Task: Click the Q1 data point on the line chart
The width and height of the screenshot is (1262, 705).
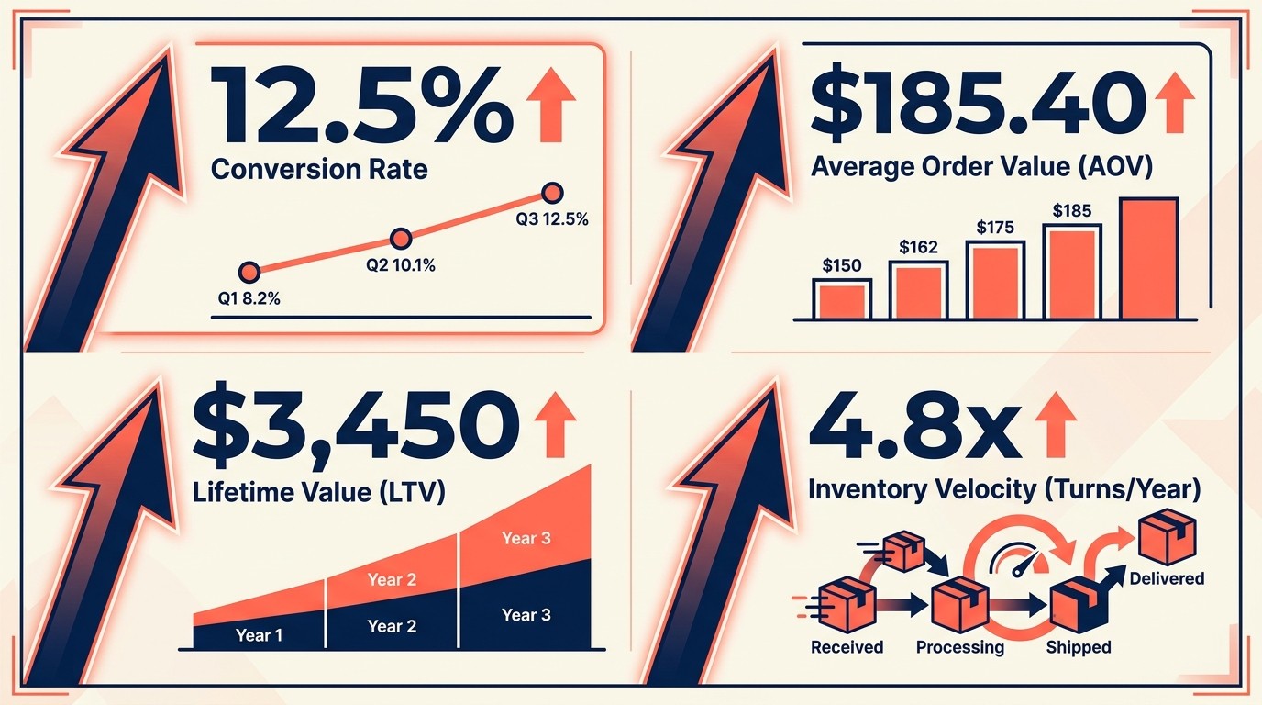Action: pos(249,272)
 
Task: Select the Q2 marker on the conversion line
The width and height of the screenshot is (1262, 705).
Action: pos(400,240)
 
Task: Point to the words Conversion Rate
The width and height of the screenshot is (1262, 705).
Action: pos(319,170)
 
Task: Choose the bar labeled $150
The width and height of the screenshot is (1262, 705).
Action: pos(842,299)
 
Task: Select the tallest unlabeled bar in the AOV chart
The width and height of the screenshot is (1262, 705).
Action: pos(1148,258)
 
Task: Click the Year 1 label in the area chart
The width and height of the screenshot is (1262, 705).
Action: pos(259,634)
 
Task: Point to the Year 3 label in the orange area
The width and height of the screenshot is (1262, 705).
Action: pos(526,538)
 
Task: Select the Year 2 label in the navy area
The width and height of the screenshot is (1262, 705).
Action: pos(392,627)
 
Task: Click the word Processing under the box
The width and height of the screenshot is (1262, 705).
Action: pos(960,647)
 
